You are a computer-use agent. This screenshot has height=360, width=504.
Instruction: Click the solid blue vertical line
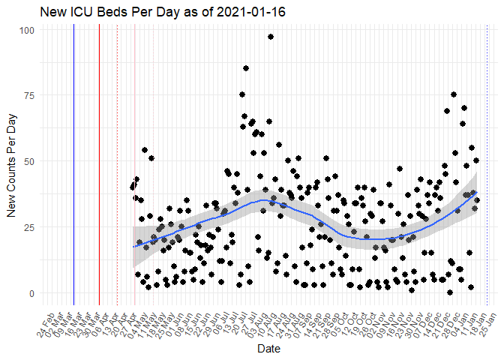point(73,165)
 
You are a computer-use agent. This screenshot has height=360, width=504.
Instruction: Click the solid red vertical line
point(99,165)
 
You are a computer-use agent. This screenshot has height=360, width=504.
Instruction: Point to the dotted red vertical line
point(118,165)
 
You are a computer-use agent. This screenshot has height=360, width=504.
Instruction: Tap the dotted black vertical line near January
point(487,165)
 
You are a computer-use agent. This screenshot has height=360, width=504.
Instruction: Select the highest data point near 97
point(270,37)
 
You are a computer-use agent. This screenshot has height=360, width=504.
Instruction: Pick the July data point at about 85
point(246,68)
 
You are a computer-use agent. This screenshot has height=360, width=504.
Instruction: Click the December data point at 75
point(453,94)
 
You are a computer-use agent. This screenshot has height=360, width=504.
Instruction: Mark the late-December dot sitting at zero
point(449,292)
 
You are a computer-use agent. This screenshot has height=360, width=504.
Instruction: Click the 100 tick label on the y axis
point(27,29)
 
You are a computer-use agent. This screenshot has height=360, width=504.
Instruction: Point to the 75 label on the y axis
point(29,95)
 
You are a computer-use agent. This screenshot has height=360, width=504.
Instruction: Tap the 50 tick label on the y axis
point(29,161)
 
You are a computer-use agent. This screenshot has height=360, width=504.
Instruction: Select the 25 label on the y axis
point(29,227)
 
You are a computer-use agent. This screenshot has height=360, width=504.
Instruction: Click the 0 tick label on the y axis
point(31,293)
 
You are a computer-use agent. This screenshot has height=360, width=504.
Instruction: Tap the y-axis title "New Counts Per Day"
point(11,161)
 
